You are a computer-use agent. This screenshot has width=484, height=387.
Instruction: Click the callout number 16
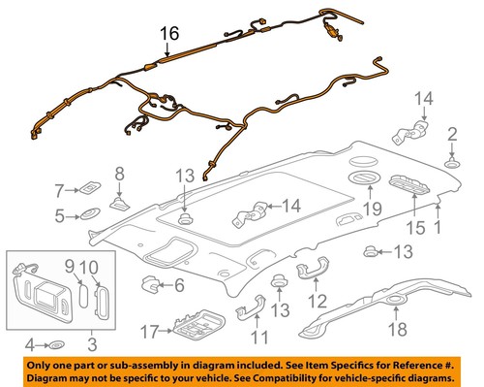(x=169, y=34)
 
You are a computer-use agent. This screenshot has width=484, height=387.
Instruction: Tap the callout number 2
(x=451, y=133)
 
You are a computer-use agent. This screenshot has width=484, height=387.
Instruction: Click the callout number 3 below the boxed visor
(x=92, y=343)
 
